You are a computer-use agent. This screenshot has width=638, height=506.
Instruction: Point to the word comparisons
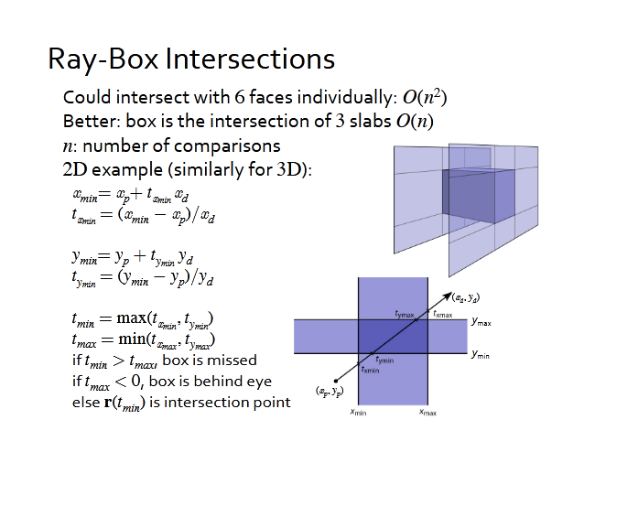coord(234,145)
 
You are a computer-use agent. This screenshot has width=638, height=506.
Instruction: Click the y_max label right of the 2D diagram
coord(481,323)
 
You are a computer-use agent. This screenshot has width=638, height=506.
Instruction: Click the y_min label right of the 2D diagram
coord(481,354)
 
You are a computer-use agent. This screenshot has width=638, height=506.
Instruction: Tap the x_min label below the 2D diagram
coord(359,414)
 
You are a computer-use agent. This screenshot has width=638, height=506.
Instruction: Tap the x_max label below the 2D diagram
coord(427,414)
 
